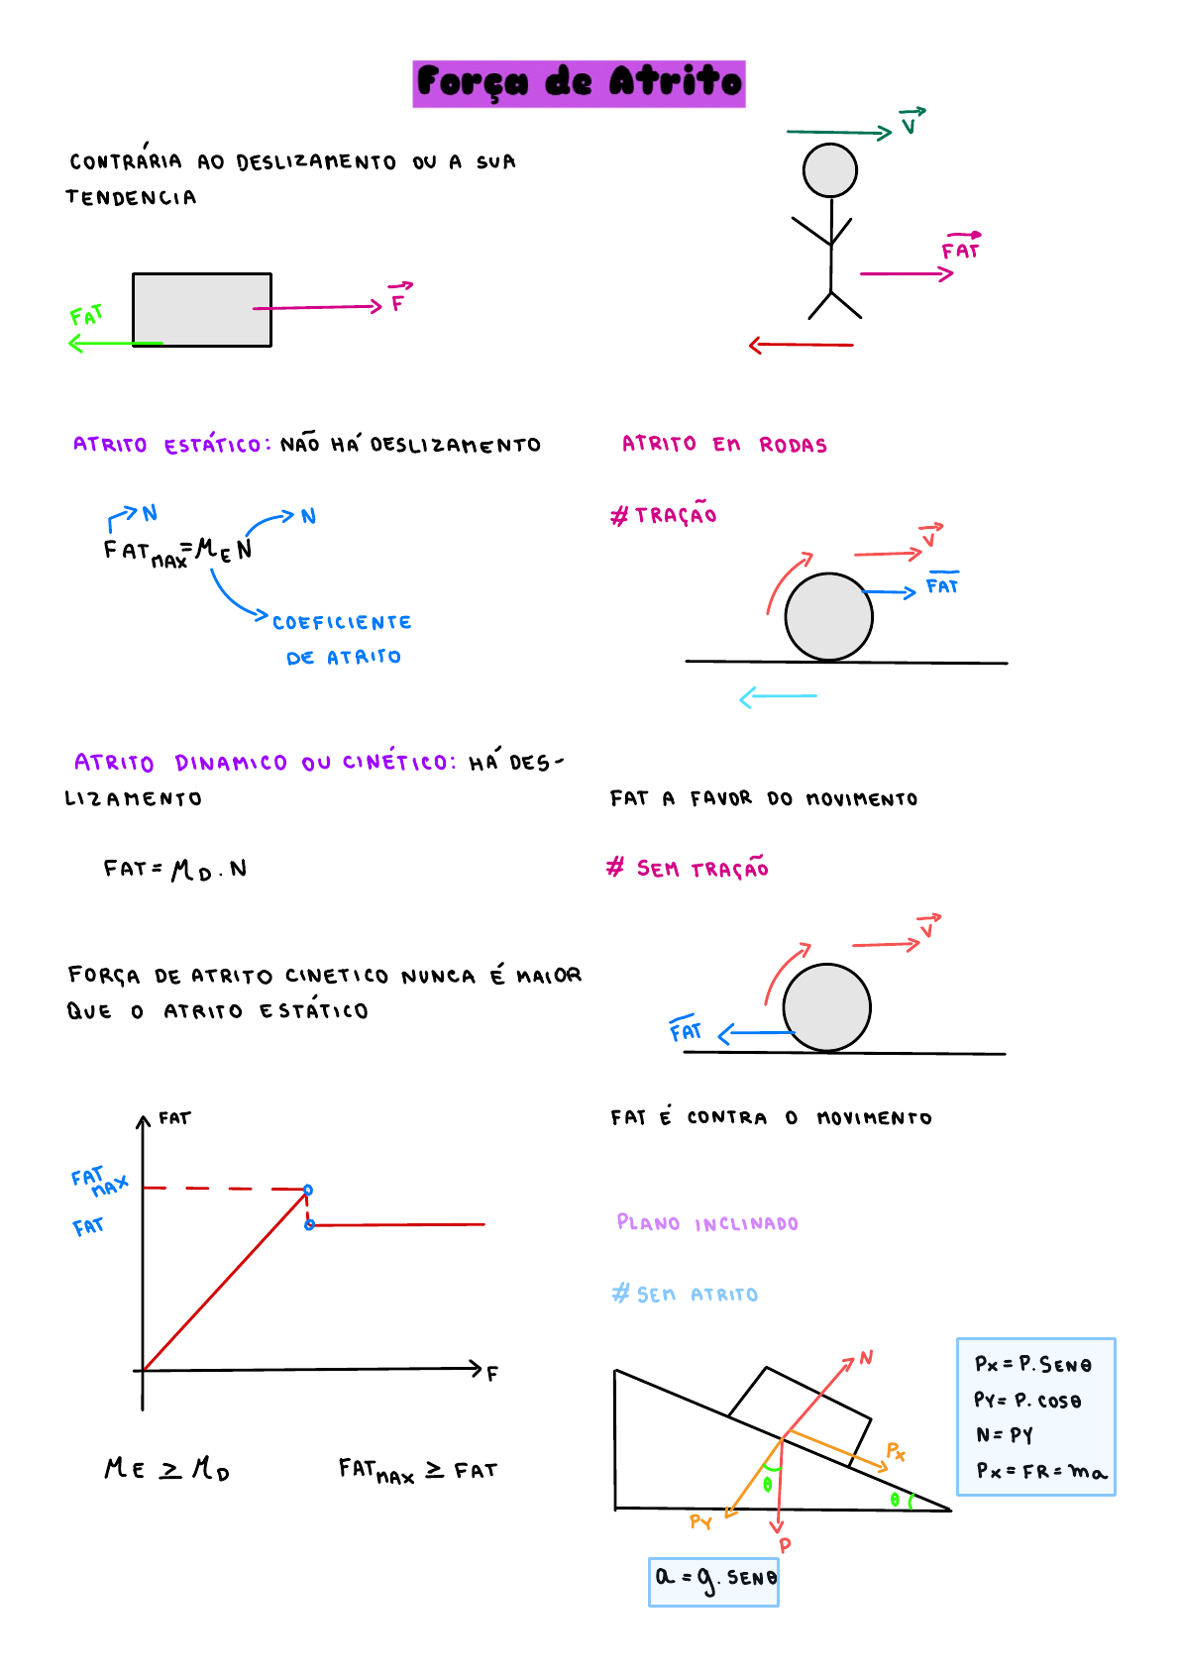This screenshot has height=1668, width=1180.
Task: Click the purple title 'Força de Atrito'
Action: pos(579,83)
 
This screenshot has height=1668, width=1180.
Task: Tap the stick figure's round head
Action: pos(829,170)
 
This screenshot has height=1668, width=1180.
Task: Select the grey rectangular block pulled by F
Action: pos(202,309)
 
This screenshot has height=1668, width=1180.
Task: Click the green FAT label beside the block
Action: pos(86,316)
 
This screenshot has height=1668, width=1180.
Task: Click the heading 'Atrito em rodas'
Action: pos(724,445)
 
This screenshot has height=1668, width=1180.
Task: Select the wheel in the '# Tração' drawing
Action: pos(828,617)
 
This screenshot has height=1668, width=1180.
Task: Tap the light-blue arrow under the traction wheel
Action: pos(778,697)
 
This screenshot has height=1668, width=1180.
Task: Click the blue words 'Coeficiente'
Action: pos(342,623)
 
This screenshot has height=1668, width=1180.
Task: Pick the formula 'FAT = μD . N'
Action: pos(175,870)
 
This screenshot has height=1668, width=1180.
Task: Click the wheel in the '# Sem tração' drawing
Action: pos(826,1007)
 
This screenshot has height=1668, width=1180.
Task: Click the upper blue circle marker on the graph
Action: pos(308,1190)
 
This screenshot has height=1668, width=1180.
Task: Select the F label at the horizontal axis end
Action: pos(492,1374)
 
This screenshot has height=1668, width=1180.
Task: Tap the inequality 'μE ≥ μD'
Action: pos(167,1469)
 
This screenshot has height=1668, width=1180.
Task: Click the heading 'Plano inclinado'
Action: pos(707,1223)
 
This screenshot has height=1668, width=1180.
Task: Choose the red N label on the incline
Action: pos(866,1358)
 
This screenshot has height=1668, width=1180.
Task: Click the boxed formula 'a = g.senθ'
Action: pos(713,1580)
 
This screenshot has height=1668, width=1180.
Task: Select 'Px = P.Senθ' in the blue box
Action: pos(1032,1365)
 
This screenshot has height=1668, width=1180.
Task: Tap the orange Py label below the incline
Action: pos(700,1522)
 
